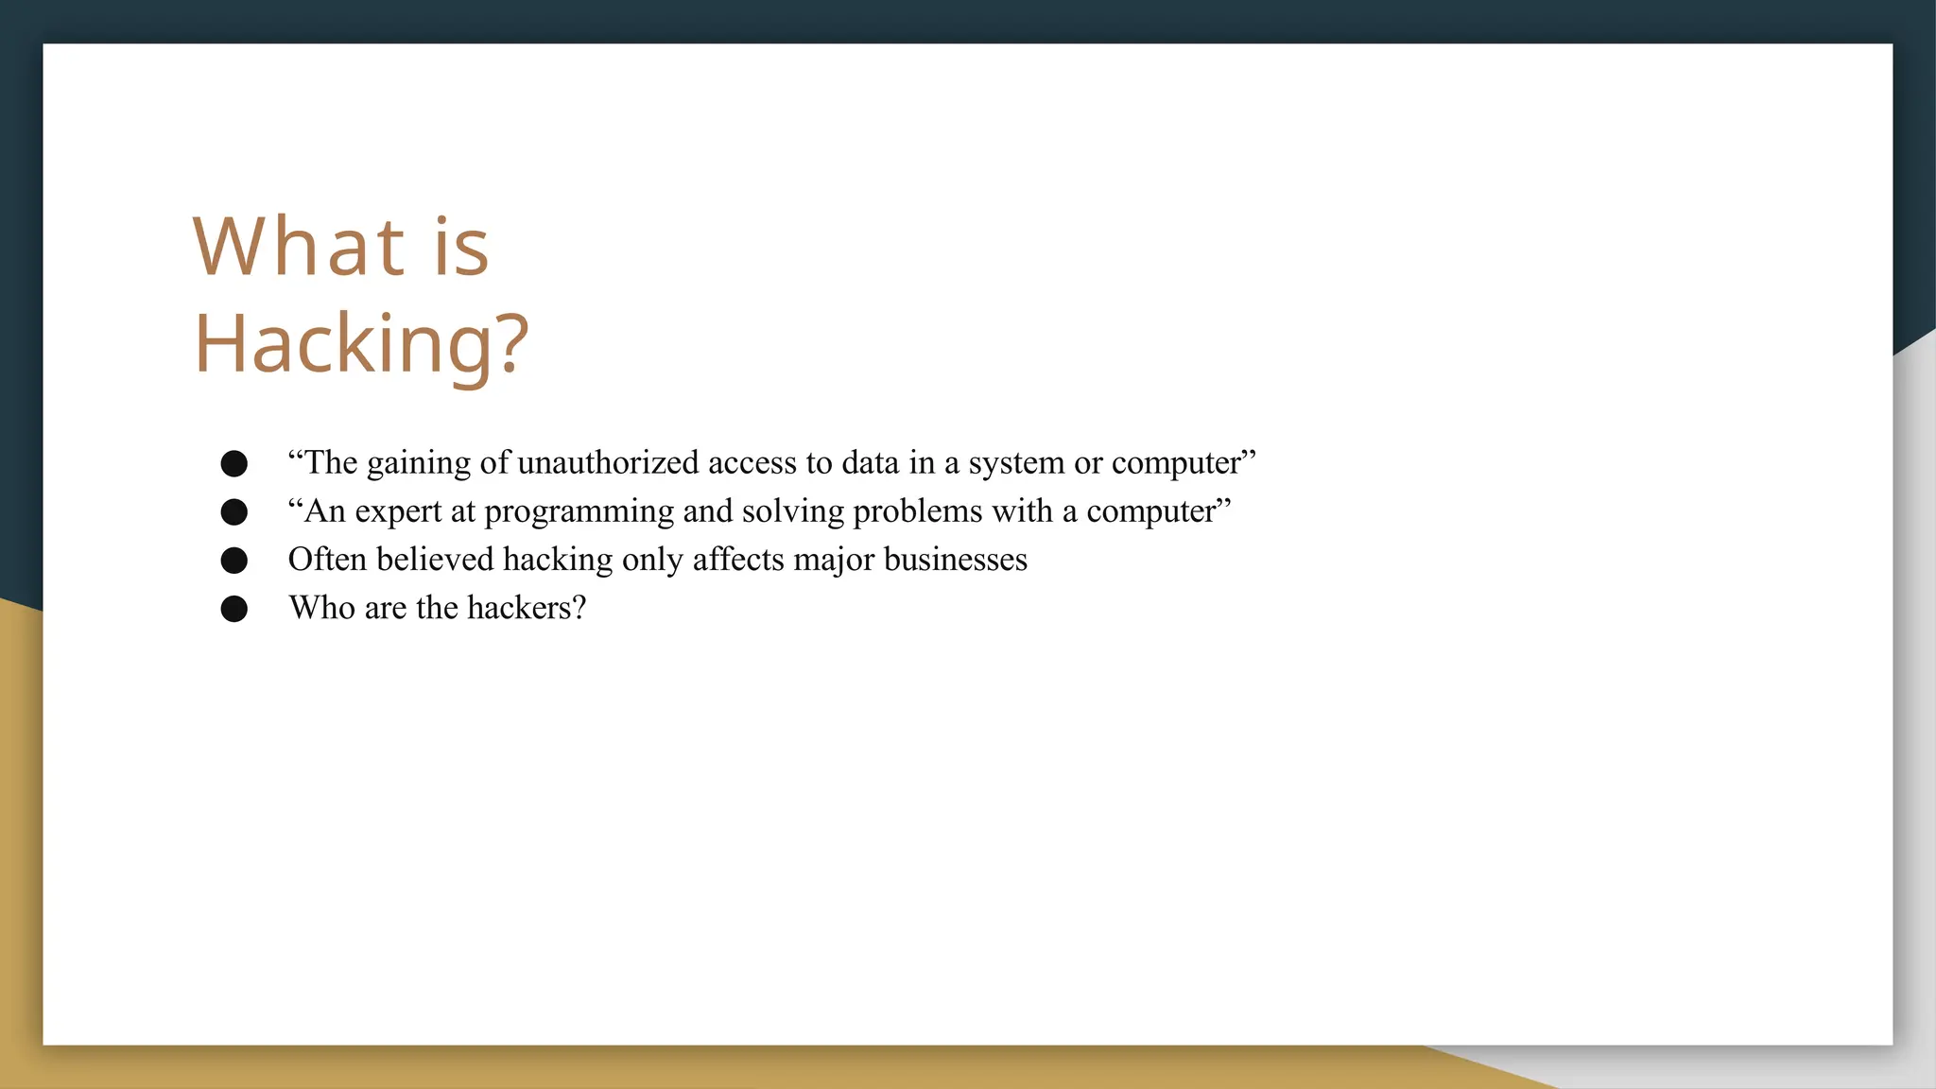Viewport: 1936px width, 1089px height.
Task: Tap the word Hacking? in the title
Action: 360,344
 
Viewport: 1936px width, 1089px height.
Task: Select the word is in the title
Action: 461,248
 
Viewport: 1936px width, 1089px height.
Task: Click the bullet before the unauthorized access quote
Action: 233,463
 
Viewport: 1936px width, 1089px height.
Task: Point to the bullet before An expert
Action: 233,511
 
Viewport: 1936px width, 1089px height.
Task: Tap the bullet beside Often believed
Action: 233,560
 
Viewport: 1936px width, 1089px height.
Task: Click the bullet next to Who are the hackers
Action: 233,608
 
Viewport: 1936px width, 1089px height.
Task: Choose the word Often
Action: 327,559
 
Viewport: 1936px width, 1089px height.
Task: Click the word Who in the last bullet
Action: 321,607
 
